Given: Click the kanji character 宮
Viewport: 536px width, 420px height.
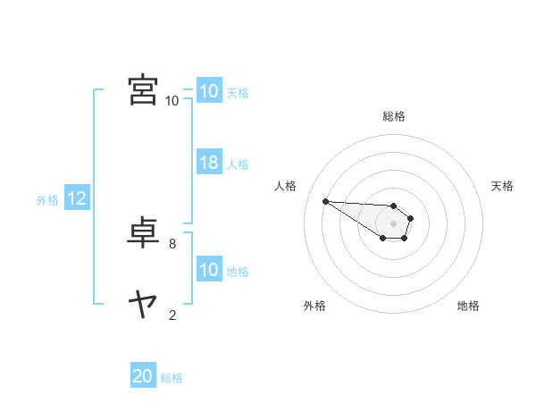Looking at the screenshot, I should [x=142, y=90].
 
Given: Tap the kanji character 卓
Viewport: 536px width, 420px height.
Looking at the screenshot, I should [x=142, y=231].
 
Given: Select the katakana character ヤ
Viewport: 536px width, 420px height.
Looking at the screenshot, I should [x=142, y=304].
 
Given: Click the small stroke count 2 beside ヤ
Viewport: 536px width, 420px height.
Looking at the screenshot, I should [x=172, y=315].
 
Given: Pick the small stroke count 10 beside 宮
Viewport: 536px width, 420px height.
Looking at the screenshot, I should [x=172, y=101].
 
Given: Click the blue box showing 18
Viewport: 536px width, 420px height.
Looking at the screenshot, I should [x=208, y=164].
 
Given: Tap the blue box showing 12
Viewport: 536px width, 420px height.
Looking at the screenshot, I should [x=76, y=199].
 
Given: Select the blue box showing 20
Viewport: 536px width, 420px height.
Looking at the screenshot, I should [x=143, y=377].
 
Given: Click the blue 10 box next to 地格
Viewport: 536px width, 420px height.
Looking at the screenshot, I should [x=208, y=271].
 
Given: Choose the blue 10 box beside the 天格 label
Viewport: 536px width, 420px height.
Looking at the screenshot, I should [x=208, y=91].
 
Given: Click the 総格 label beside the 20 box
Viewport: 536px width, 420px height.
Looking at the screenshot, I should [x=172, y=378].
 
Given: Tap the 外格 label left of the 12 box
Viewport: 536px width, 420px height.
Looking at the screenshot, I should [x=47, y=200].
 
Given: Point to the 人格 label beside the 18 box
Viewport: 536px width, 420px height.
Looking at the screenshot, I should [x=238, y=164].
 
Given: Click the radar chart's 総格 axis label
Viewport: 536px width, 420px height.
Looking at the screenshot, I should [x=394, y=116].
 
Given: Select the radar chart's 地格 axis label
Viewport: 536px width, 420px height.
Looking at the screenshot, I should [x=468, y=306].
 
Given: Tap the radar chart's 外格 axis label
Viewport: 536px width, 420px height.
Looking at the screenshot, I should [x=314, y=306].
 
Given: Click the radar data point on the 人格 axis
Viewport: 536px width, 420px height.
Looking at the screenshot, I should [x=325, y=201].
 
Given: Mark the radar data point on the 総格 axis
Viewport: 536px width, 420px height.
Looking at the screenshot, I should [x=393, y=206].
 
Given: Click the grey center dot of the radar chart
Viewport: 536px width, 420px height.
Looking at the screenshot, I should [x=393, y=223].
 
